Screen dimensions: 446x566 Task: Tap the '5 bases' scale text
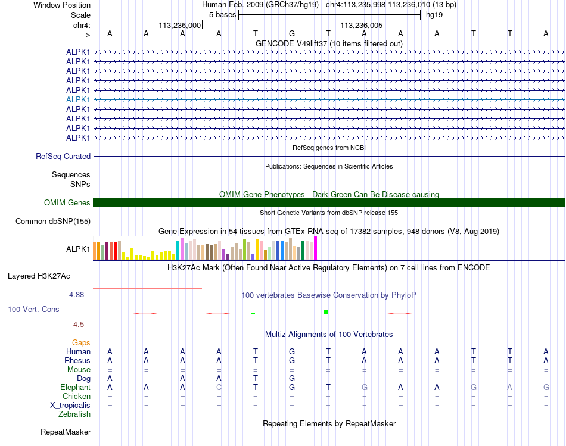[x=222, y=14]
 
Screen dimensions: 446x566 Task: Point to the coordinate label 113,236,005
[x=361, y=26]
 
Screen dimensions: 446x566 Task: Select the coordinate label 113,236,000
[x=179, y=26]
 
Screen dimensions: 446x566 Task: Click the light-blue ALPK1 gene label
[x=78, y=99]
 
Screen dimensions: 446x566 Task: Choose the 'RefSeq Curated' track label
[x=63, y=157]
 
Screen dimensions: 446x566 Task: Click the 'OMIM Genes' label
[x=67, y=203]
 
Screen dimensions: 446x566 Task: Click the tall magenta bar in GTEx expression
[x=316, y=248]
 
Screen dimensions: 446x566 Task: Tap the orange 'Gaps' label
[x=81, y=343]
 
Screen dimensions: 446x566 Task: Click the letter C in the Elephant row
[x=219, y=387]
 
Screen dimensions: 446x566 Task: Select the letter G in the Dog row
[x=292, y=378]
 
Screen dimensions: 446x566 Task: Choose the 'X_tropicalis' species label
[x=70, y=405]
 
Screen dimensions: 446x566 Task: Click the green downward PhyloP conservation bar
[x=326, y=312]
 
